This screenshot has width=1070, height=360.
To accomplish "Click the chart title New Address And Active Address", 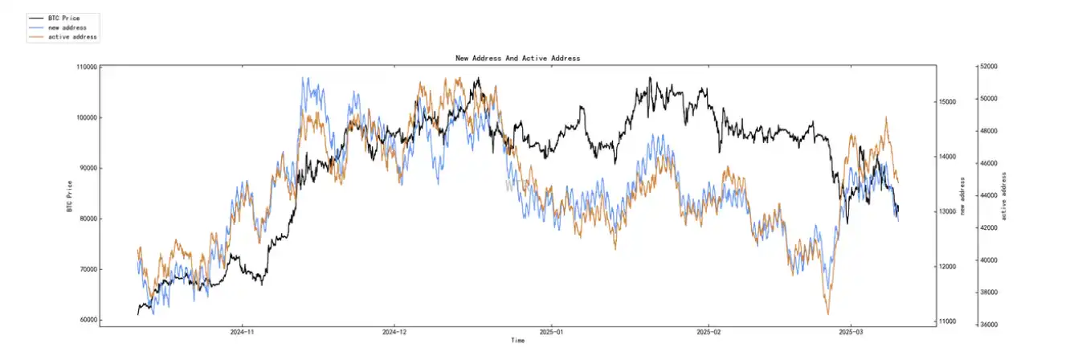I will point(517,59).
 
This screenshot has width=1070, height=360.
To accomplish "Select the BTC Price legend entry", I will point(64,18).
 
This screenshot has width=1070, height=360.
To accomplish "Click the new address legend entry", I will point(67,27).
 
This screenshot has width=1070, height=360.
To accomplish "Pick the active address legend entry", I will point(72,37).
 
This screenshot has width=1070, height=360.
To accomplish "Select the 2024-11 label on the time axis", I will point(242,331).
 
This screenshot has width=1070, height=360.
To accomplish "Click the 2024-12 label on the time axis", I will point(394,331).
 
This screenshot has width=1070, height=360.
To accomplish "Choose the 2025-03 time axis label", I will point(852,331).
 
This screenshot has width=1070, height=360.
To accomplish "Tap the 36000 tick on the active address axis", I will point(987,325).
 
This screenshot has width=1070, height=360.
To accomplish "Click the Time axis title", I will point(517,341).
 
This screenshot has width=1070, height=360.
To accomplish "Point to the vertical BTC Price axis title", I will point(70,197).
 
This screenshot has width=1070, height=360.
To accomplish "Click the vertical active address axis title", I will point(1003,196).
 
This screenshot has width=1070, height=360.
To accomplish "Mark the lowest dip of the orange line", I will point(827,314).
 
